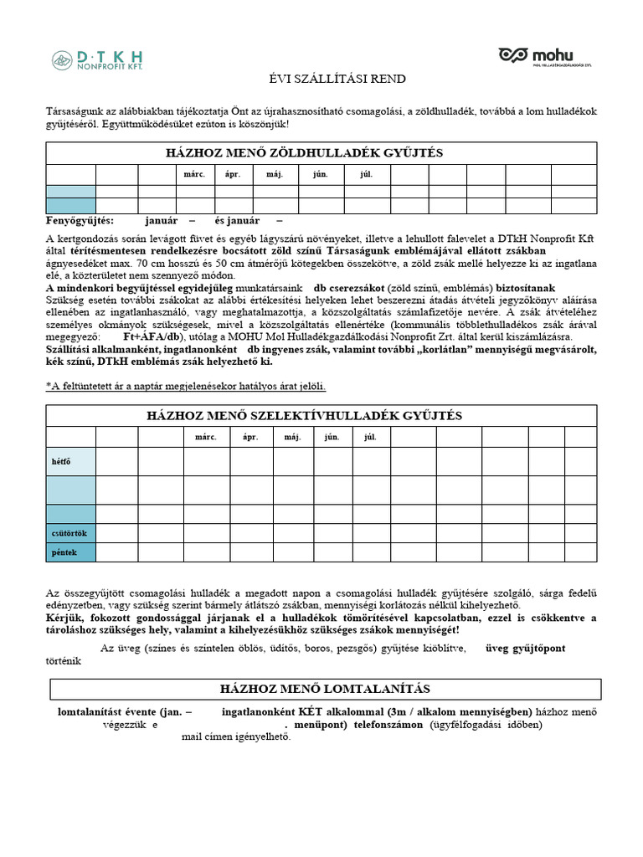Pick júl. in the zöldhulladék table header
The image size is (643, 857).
pos(366,175)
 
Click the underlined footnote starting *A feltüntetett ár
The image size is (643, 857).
pos(185,386)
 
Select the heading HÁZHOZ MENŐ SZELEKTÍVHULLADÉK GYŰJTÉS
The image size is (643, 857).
pos(305,416)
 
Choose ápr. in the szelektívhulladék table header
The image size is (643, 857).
pos(249,437)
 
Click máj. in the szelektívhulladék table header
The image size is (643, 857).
pos(292,437)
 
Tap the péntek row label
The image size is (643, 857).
pos(64,552)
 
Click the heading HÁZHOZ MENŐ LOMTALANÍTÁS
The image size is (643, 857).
pos(325,689)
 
